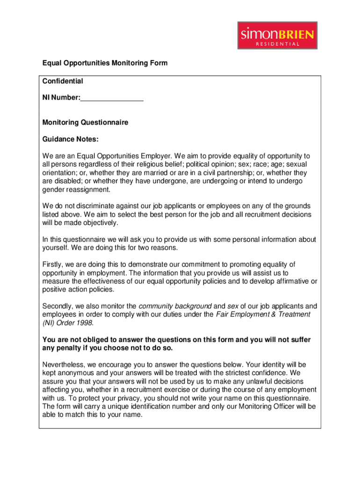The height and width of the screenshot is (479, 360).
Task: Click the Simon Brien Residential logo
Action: (x=277, y=35)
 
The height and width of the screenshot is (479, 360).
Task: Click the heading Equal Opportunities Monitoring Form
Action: (x=105, y=63)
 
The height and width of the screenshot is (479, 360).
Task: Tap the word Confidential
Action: (x=63, y=81)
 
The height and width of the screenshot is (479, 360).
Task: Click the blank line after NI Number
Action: (x=112, y=98)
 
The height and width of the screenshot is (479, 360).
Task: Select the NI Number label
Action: (x=61, y=98)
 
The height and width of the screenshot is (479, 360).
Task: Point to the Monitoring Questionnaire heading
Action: (x=85, y=123)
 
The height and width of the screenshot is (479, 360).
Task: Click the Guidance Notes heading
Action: (x=71, y=139)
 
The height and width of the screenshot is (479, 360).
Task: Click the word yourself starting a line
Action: (x=55, y=248)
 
